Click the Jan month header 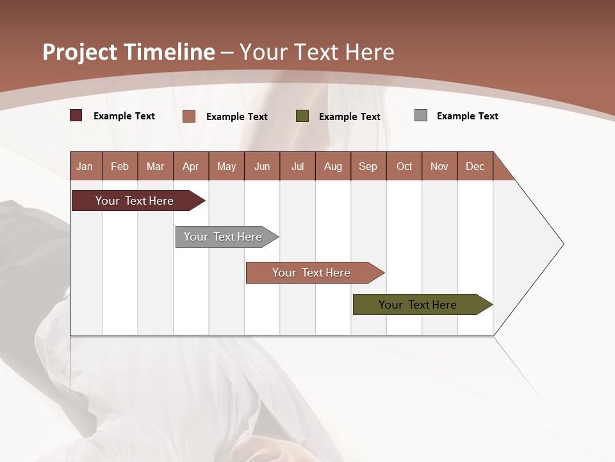[x=85, y=166]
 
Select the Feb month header [x=120, y=166]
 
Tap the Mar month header [x=155, y=166]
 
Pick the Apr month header [x=191, y=166]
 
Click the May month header [x=226, y=166]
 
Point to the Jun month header [x=262, y=166]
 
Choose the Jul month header [x=297, y=166]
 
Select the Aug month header [x=333, y=166]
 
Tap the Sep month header [x=368, y=166]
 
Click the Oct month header [x=404, y=166]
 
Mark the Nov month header [x=439, y=166]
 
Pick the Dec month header [x=475, y=166]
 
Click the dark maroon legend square [x=76, y=116]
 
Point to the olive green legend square [x=302, y=116]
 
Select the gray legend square [x=421, y=116]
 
